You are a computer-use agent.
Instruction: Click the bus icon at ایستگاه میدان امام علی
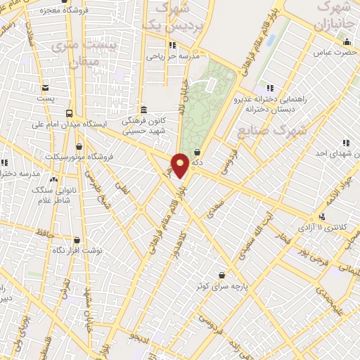click(68, 113)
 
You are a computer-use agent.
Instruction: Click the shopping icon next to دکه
click(196, 152)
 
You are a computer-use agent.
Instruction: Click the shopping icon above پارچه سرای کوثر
click(222, 274)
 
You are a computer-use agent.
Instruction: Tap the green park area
click(207, 105)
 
